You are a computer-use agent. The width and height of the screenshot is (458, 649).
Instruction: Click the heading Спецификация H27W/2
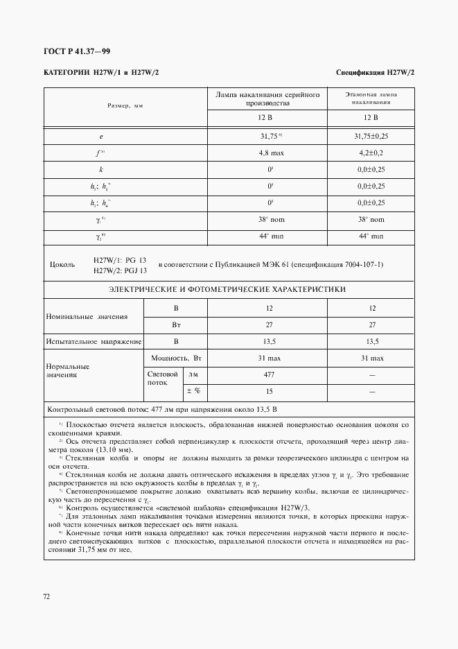point(375,73)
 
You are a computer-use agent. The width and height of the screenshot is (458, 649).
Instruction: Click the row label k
point(101,169)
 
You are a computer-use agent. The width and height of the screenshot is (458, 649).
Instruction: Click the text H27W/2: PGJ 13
point(119,270)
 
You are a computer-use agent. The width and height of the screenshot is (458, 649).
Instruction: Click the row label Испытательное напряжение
point(94,342)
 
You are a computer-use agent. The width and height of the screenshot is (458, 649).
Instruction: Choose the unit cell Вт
point(176,324)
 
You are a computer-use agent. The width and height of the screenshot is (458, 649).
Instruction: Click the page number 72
point(46,596)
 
